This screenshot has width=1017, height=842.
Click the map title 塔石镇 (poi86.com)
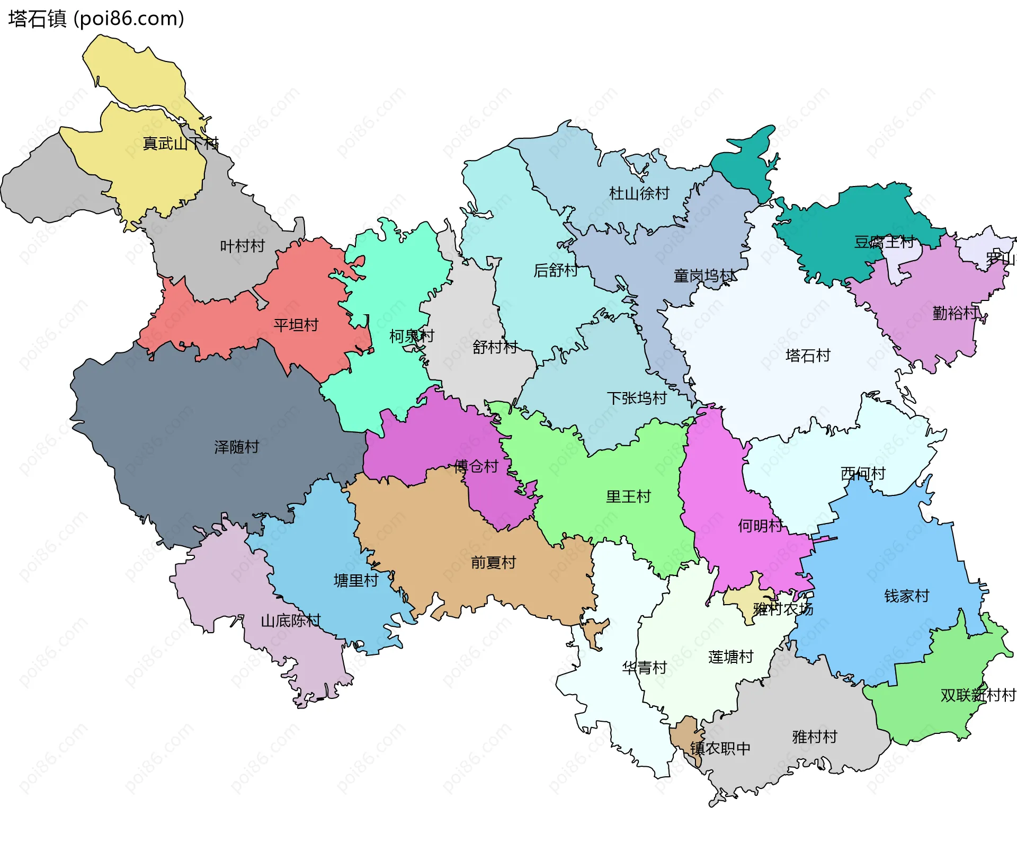tap(96, 19)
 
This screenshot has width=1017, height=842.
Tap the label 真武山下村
tap(180, 144)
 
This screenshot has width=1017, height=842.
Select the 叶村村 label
tap(242, 246)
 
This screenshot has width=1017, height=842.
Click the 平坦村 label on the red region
tap(296, 325)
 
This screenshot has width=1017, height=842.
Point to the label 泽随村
tap(236, 447)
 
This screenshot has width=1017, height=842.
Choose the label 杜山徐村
tap(639, 193)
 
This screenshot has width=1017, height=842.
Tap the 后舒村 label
tap(555, 270)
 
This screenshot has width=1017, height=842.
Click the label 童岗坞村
tap(704, 276)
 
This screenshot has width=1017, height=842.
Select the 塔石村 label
tap(807, 355)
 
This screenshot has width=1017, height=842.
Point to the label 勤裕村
tap(954, 313)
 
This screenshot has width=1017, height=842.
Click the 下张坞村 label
tap(636, 398)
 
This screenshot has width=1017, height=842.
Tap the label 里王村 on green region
tap(628, 497)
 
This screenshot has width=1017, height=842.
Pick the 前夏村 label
tap(493, 562)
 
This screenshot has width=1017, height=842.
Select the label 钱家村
tap(906, 596)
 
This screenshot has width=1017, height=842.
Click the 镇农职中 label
tap(720, 748)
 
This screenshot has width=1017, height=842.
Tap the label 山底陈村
tap(290, 621)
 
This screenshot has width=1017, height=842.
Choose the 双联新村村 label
tap(977, 695)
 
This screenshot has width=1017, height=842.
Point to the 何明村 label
tap(760, 526)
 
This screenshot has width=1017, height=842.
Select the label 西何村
tap(863, 473)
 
